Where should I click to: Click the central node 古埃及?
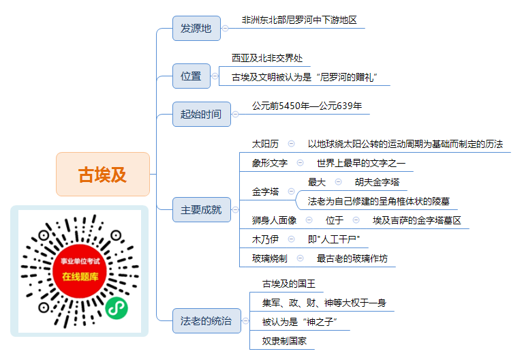(x=103, y=174)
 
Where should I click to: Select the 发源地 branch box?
(x=196, y=29)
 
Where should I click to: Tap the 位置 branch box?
(x=191, y=76)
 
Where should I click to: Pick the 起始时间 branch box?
(x=202, y=115)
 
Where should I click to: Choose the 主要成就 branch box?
(x=202, y=209)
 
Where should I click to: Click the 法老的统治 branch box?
(x=206, y=320)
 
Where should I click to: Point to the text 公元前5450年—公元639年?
(x=307, y=106)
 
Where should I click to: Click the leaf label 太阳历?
(x=265, y=144)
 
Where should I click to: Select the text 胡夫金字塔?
(x=377, y=182)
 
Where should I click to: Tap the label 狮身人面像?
(x=274, y=220)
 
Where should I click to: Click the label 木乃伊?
(x=265, y=239)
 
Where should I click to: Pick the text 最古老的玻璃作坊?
(x=352, y=258)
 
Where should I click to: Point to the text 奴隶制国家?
(x=284, y=341)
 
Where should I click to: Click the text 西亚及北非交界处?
(x=267, y=58)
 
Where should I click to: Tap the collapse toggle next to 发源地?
(x=226, y=29)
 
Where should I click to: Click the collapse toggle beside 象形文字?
(x=300, y=163)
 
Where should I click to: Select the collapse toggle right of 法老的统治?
(x=246, y=320)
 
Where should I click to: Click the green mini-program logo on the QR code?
(x=117, y=308)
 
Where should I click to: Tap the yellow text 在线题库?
(x=80, y=276)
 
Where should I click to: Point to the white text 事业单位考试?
(x=80, y=261)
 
